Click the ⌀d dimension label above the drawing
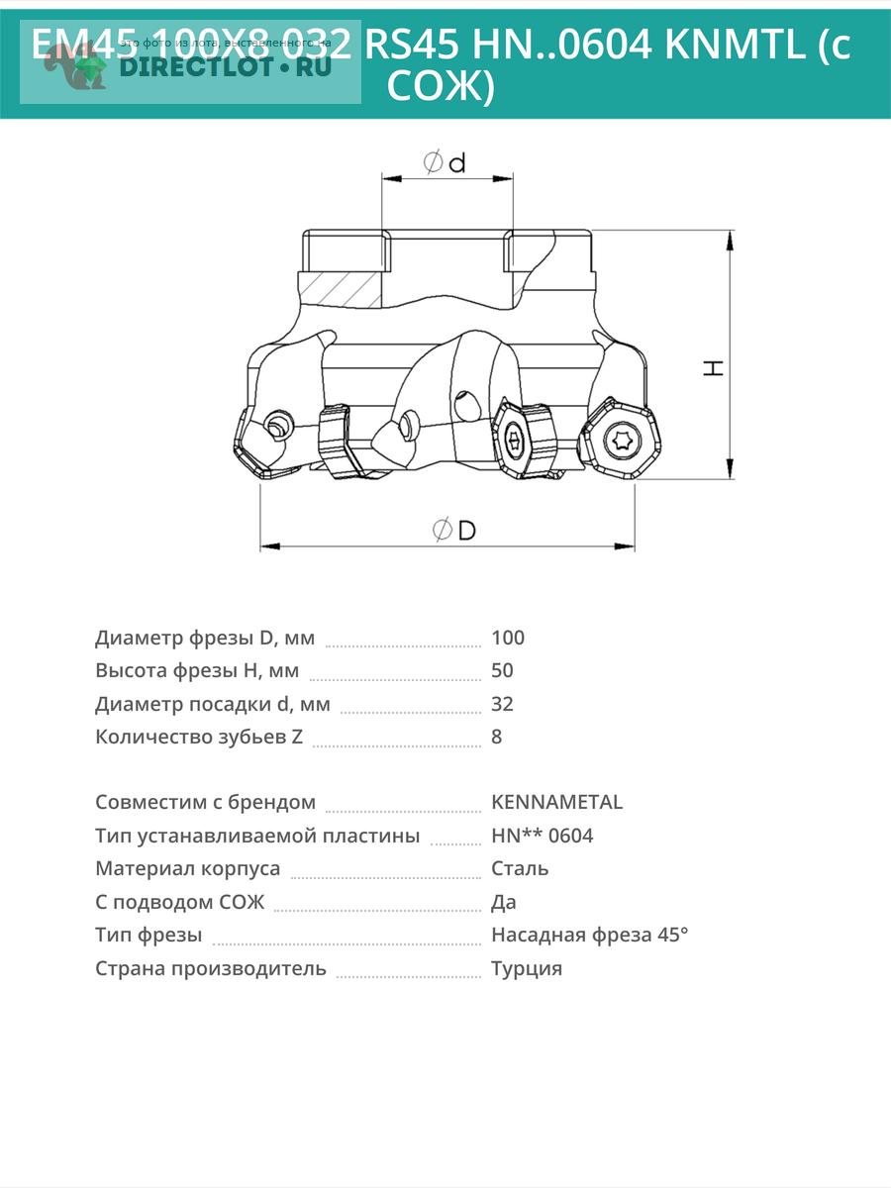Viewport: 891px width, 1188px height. coord(445,162)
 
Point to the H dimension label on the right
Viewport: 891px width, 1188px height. coord(714,366)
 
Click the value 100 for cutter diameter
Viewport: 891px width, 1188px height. coord(508,638)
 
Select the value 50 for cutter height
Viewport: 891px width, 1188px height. coord(502,670)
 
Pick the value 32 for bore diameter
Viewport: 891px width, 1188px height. coord(502,704)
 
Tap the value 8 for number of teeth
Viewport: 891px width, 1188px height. coord(497,737)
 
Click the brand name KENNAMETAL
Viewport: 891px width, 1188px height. coord(556,802)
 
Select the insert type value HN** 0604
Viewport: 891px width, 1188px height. coord(542,836)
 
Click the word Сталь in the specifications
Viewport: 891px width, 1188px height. coord(520,868)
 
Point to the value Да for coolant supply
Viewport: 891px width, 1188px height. coord(504,902)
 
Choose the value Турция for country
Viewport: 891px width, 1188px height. coord(527,968)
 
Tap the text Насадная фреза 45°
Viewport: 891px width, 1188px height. coord(589,935)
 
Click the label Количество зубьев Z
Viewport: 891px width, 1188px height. coord(199,737)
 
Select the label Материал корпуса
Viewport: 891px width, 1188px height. coord(187,868)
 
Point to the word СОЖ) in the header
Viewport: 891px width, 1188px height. coord(440,87)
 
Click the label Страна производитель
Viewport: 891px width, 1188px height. coord(210,968)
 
